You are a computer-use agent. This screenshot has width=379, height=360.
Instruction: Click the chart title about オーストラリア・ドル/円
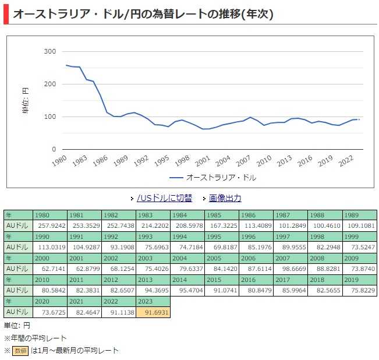click(x=143, y=13)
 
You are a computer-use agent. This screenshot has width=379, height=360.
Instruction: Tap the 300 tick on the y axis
click(x=50, y=51)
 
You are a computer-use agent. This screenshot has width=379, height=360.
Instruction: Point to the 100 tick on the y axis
click(x=50, y=117)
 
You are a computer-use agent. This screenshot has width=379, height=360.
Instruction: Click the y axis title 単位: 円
click(x=25, y=100)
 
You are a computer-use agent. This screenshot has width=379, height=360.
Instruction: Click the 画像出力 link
click(x=225, y=198)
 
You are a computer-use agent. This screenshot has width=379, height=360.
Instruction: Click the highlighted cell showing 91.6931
click(x=153, y=312)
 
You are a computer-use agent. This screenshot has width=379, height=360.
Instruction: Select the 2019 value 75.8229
click(x=359, y=290)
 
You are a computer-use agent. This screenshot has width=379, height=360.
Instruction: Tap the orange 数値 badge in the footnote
click(x=21, y=351)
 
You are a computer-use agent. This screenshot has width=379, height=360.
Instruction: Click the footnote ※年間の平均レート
click(x=36, y=338)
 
